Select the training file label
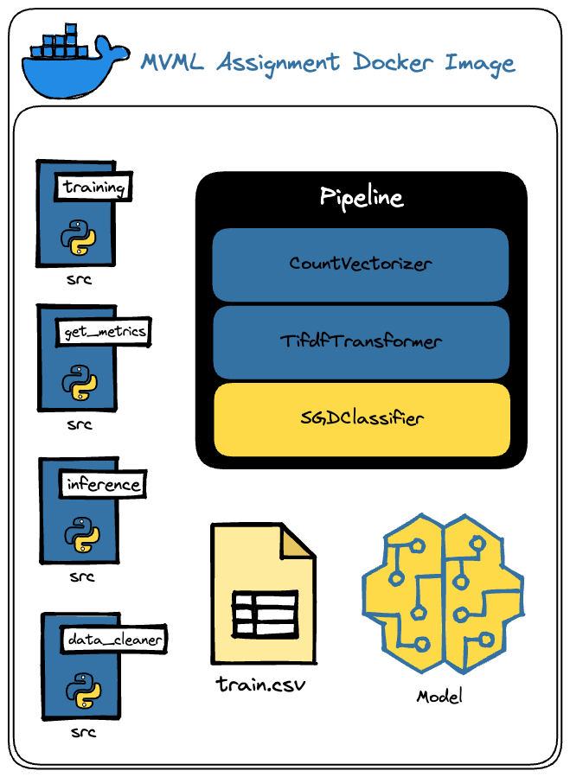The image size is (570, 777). pyautogui.click(x=94, y=188)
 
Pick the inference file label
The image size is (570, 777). pyautogui.click(x=103, y=484)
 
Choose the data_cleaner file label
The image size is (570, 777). pyautogui.click(x=113, y=640)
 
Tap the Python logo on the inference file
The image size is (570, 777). pyautogui.click(x=81, y=534)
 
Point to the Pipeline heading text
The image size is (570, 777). pyautogui.click(x=362, y=197)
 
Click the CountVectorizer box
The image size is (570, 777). pyautogui.click(x=360, y=264)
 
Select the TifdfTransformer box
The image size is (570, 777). pyautogui.click(x=361, y=341)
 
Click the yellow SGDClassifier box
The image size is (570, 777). pyautogui.click(x=362, y=419)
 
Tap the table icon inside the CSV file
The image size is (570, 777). pyautogui.click(x=265, y=613)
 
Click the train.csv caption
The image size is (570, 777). pyautogui.click(x=261, y=685)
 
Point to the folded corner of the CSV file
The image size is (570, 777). pyautogui.click(x=297, y=541)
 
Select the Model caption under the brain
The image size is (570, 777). pyautogui.click(x=439, y=696)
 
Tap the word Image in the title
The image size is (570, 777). pyautogui.click(x=479, y=63)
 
